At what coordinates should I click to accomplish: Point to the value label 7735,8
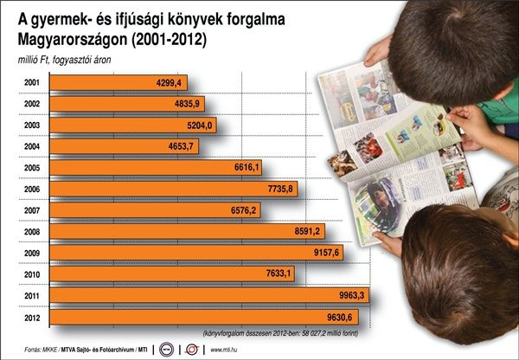tap(275, 188)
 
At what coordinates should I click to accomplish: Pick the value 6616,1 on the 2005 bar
tap(252, 167)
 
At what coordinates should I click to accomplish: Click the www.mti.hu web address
tap(227, 350)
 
